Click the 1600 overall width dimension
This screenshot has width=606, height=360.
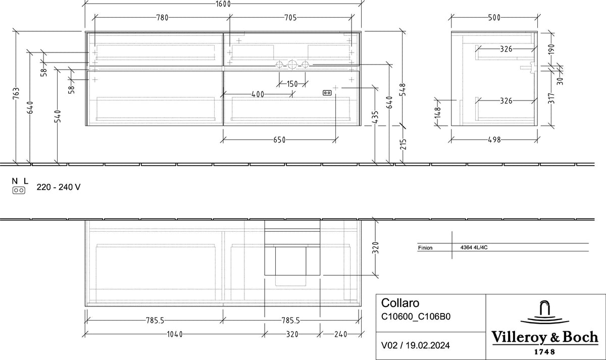[223, 4]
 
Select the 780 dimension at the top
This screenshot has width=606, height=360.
[162, 18]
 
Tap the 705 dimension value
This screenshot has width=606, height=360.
[290, 18]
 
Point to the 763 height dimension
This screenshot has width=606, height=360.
[16, 93]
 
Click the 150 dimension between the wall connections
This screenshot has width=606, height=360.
[292, 84]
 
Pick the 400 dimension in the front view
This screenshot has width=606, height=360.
[258, 94]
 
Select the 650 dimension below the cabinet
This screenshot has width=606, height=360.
[279, 140]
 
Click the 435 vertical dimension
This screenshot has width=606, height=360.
[375, 117]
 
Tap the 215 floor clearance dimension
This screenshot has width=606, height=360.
[403, 144]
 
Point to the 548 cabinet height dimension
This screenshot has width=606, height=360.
[402, 89]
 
